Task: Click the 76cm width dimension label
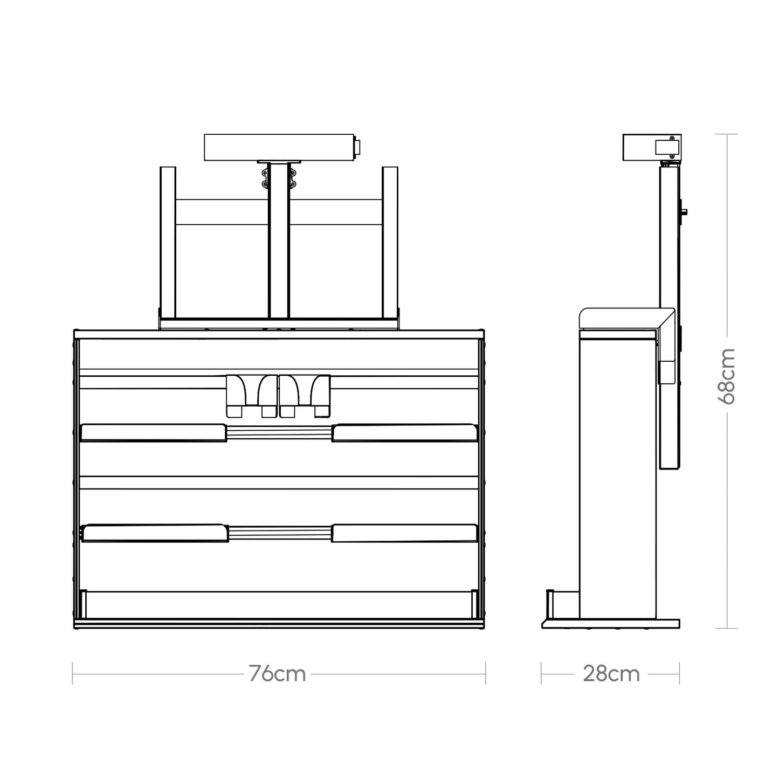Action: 278,674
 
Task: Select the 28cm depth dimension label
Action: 611,674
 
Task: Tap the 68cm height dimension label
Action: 727,376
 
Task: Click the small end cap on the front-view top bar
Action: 356,148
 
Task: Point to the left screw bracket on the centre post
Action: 265,179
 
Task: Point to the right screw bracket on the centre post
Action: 293,179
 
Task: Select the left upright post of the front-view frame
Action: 168,243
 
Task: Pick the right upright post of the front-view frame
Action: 390,243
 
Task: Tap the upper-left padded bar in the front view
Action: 153,433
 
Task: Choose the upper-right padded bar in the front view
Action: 404,433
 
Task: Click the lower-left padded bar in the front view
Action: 153,533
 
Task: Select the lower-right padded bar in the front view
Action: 404,533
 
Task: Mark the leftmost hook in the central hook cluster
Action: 236,396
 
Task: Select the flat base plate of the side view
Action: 610,624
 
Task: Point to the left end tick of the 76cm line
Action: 73,674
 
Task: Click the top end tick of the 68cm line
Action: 727,134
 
